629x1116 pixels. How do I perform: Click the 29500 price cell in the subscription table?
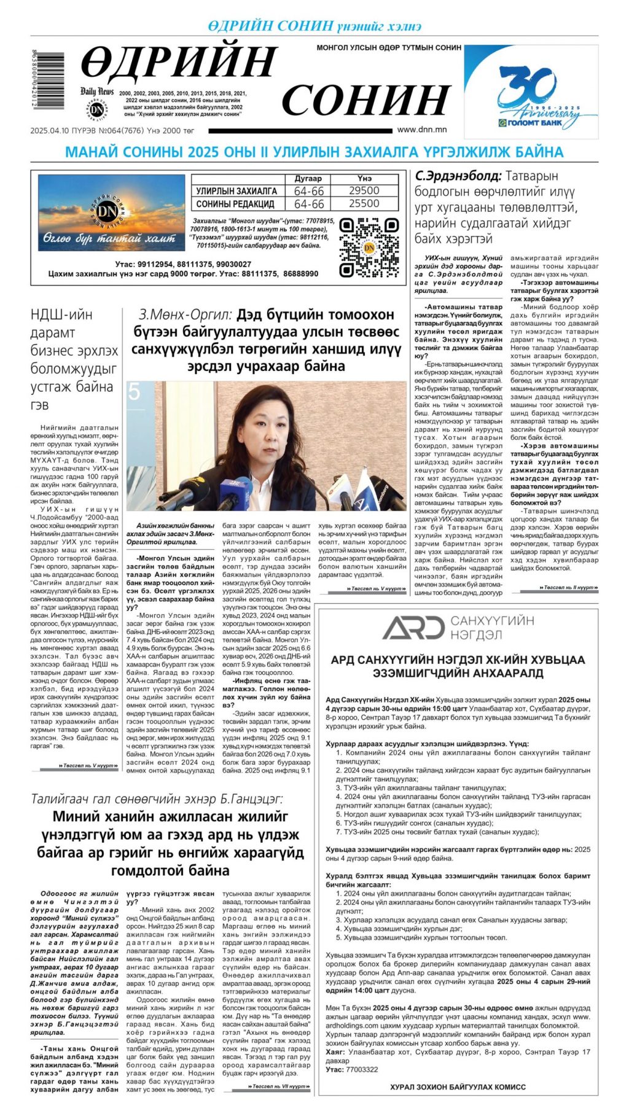pyautogui.click(x=364, y=191)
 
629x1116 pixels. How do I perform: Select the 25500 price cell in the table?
pyautogui.click(x=364, y=203)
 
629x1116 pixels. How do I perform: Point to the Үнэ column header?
pyautogui.click(x=364, y=178)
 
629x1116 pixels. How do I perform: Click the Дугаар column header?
pyautogui.click(x=308, y=178)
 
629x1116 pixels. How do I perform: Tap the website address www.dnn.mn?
pyautogui.click(x=422, y=130)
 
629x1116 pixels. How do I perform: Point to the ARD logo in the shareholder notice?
pyautogui.click(x=413, y=627)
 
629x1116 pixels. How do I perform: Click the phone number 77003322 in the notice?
pyautogui.click(x=362, y=1069)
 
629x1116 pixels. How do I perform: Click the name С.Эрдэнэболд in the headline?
pyautogui.click(x=458, y=176)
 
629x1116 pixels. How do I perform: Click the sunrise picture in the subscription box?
pyautogui.click(x=111, y=213)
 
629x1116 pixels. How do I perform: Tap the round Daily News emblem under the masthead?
pyautogui.click(x=96, y=109)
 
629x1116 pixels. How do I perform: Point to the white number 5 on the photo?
pyautogui.click(x=135, y=391)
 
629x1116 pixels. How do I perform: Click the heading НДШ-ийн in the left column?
pyautogui.click(x=61, y=315)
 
